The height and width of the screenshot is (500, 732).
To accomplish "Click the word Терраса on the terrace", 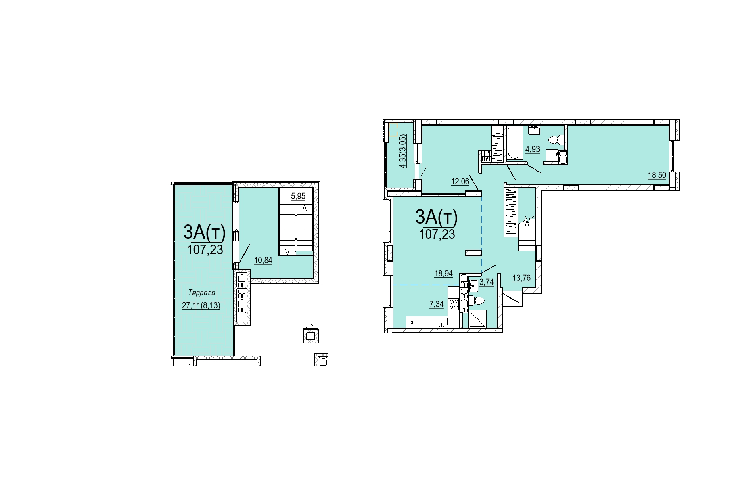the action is [x=202, y=293].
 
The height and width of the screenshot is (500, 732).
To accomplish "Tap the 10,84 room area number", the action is [x=263, y=260].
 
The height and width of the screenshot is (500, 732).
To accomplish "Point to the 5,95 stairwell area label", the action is [x=298, y=196].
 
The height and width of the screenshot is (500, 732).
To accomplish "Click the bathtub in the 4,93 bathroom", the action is [x=514, y=143].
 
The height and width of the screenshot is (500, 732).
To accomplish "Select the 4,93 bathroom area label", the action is [x=533, y=149].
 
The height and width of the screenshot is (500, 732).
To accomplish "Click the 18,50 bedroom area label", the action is [x=657, y=175].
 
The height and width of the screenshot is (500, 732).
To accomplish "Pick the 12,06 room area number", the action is [x=460, y=182].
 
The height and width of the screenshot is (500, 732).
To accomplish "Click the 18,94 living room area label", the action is [x=443, y=274].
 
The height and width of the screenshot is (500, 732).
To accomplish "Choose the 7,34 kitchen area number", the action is [x=437, y=304].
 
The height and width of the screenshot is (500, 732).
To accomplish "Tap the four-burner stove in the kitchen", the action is [x=454, y=304].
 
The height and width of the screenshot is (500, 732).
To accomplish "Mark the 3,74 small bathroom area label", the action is [x=487, y=282].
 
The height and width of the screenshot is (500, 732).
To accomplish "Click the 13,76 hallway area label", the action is [x=521, y=278].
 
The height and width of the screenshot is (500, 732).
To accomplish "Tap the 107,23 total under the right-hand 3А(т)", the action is [x=437, y=234].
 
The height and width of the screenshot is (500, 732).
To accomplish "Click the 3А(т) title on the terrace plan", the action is [x=204, y=232].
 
